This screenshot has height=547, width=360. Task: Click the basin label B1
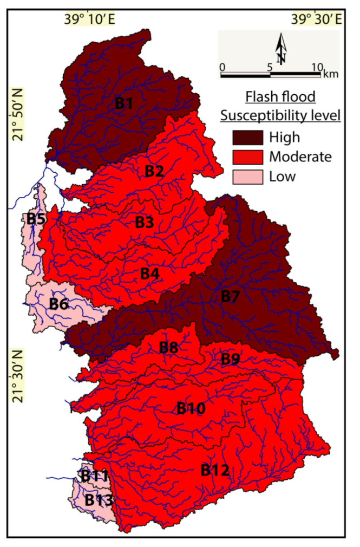click(x=124, y=103)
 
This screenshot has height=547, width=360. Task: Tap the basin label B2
click(x=154, y=172)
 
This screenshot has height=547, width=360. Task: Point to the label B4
click(x=150, y=274)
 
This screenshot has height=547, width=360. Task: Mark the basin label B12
click(x=214, y=471)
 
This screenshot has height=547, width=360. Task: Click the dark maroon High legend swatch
click(x=247, y=137)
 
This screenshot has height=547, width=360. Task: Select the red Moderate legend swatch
click(x=247, y=157)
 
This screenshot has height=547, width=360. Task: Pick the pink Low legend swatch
click(x=247, y=177)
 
